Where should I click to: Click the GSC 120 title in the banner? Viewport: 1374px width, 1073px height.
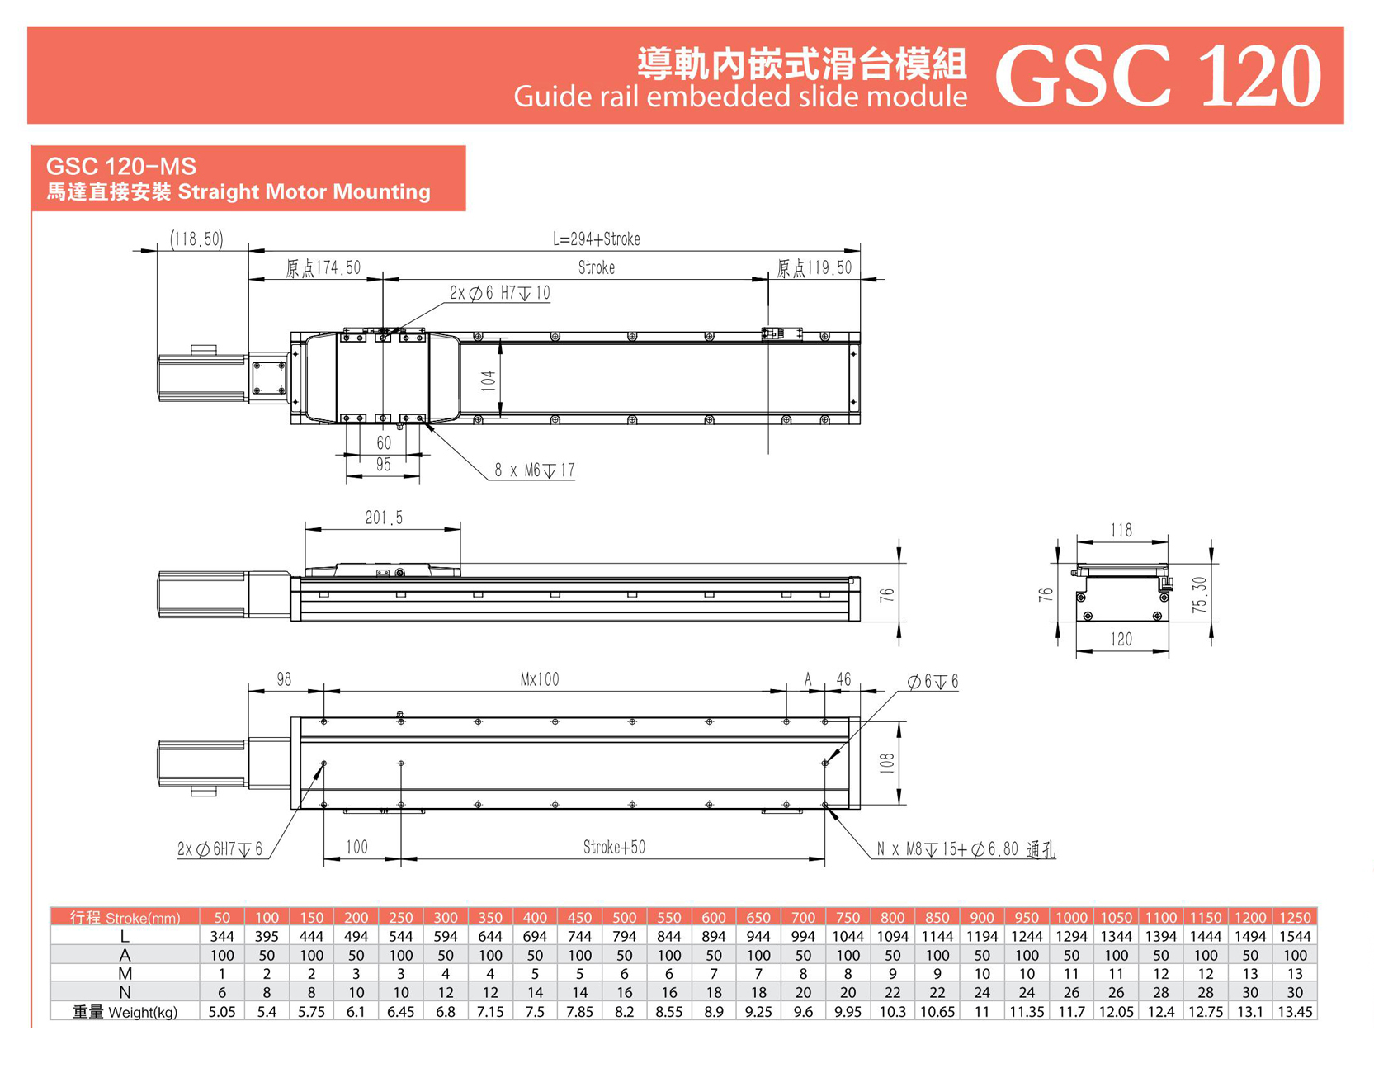tap(1157, 76)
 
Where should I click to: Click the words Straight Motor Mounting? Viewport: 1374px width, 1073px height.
tap(304, 192)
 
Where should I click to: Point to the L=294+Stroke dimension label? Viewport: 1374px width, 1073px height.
tap(596, 239)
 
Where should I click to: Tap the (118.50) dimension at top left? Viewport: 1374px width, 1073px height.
tap(196, 239)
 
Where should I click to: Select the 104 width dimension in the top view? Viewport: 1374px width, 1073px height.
tap(489, 381)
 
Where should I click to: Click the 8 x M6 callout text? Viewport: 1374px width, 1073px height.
tap(534, 470)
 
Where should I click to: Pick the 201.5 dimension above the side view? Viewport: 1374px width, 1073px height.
tap(384, 518)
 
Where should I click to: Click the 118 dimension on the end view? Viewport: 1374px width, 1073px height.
tap(1121, 531)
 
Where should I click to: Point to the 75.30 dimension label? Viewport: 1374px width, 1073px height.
tap(1201, 594)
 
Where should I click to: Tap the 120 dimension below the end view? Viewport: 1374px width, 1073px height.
tap(1121, 640)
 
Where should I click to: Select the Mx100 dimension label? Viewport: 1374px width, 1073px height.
tap(540, 680)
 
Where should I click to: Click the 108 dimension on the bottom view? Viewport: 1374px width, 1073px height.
tap(887, 763)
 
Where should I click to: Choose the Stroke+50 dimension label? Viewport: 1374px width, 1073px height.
tap(614, 848)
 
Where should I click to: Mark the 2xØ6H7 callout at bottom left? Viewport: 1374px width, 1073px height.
tap(220, 850)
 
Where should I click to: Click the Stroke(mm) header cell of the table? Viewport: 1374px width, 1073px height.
tap(125, 918)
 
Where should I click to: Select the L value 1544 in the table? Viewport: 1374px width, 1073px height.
tap(1294, 937)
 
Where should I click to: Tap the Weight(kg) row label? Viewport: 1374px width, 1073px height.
tap(125, 1012)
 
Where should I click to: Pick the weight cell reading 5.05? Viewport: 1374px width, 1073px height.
tap(222, 1012)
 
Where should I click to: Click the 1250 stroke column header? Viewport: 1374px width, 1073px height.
tap(1294, 918)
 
